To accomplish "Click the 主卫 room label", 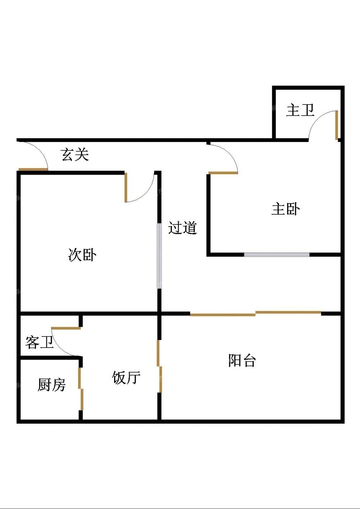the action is pyautogui.click(x=300, y=110).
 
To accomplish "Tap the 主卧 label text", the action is pyautogui.click(x=285, y=209).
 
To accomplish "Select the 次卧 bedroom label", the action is pyautogui.click(x=82, y=255).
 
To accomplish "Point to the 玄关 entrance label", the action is pyautogui.click(x=75, y=155).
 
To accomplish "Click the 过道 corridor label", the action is pyautogui.click(x=183, y=228).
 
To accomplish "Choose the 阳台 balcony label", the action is pyautogui.click(x=242, y=360).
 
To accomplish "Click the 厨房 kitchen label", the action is pyautogui.click(x=51, y=385).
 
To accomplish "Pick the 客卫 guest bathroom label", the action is pyautogui.click(x=40, y=343).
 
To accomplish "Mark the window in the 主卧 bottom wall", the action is pyautogui.click(x=277, y=254).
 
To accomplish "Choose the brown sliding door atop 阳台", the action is pyautogui.click(x=256, y=314).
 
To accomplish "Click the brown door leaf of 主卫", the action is pyautogui.click(x=337, y=125).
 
